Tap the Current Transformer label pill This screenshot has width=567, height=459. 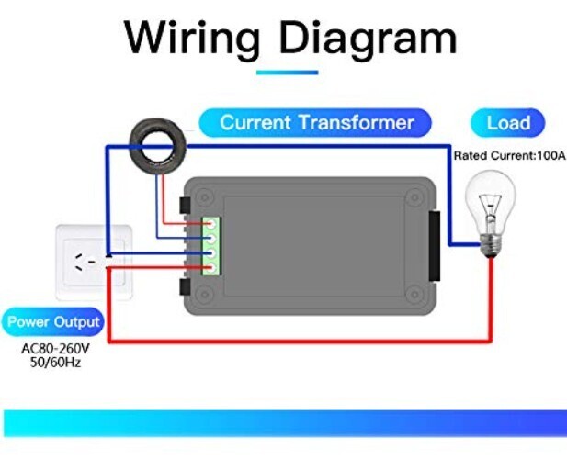click(x=317, y=122)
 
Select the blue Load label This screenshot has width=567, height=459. click(x=507, y=123)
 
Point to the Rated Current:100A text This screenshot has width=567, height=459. click(x=509, y=156)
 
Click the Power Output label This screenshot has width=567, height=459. click(x=53, y=323)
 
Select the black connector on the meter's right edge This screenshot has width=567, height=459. click(x=435, y=245)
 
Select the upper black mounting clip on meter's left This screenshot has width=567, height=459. click(x=184, y=203)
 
